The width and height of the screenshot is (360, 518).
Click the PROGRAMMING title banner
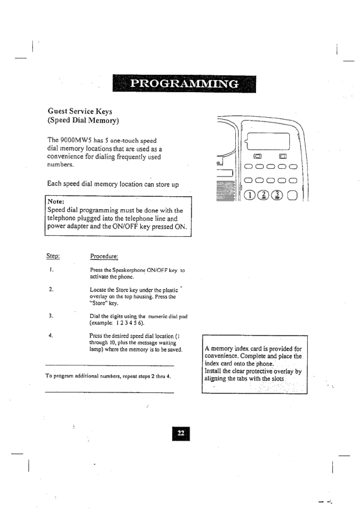pyautogui.click(x=184, y=84)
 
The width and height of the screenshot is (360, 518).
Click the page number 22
pyautogui.click(x=181, y=433)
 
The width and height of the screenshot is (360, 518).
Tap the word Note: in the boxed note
pyautogui.click(x=56, y=202)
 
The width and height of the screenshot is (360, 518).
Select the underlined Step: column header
pyautogui.click(x=53, y=256)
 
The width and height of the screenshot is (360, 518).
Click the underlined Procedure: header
pyautogui.click(x=104, y=256)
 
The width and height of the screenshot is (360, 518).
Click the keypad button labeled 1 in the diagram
pyautogui.click(x=249, y=195)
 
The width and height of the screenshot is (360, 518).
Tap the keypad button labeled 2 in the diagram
pyautogui.click(x=263, y=195)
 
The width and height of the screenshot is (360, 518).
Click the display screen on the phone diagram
pyautogui.click(x=268, y=141)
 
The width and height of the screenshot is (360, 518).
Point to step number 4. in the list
pyautogui.click(x=51, y=336)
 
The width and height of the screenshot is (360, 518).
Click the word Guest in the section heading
pyautogui.click(x=58, y=111)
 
